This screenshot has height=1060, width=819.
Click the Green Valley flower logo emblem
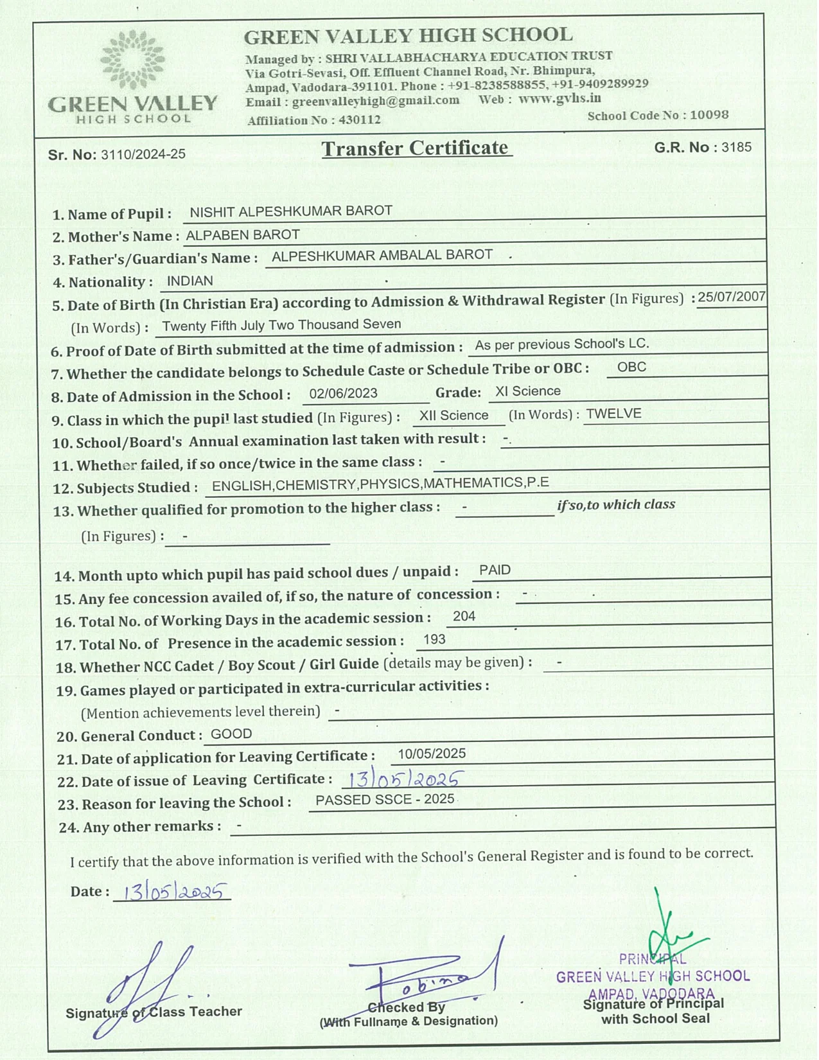132,59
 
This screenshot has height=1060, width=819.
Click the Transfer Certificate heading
416,148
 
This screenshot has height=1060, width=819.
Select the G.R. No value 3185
736,147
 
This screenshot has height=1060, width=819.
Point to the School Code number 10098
709,115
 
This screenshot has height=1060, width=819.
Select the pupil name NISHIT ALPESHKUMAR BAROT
291,211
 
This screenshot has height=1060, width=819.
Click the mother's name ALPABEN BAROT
243,235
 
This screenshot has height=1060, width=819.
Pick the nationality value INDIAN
189,281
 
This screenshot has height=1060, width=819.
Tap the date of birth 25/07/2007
732,297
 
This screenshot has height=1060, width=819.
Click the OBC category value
631,367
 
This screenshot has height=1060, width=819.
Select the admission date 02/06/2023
343,393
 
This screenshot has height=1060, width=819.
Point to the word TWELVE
613,414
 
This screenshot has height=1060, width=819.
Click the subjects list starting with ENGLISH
380,484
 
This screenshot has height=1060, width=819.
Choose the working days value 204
464,616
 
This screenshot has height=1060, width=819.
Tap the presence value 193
434,639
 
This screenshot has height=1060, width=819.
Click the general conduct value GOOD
231,734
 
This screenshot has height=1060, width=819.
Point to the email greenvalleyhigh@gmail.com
376,101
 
